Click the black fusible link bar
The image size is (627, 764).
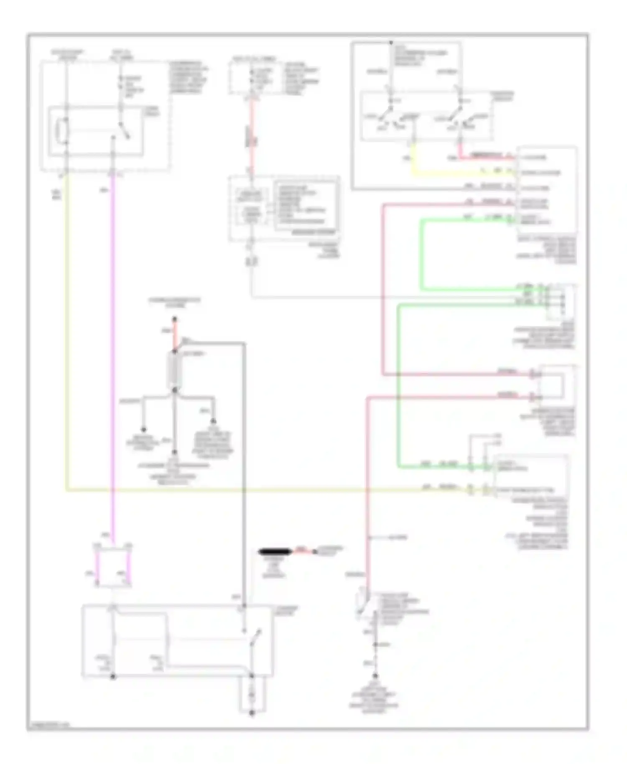(274, 552)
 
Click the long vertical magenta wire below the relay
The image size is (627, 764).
(113, 334)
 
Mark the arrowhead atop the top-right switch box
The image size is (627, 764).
(391, 43)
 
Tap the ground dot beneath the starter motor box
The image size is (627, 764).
(252, 713)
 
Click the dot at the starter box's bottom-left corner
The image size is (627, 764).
(113, 675)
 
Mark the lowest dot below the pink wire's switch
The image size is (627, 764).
(375, 675)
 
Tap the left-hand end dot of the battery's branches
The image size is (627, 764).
(143, 430)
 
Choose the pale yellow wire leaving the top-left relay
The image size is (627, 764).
(66, 334)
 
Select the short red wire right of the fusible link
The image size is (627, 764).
(302, 552)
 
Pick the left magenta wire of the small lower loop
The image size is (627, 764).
(97, 568)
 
